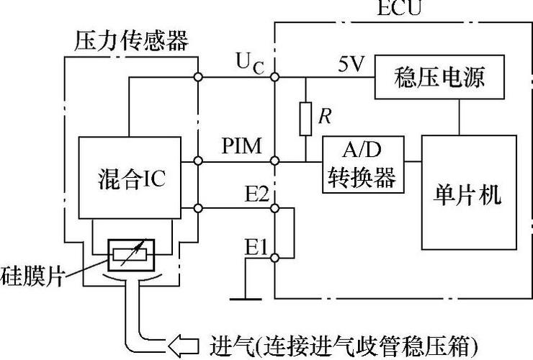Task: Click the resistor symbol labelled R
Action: click(x=305, y=117)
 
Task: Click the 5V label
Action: click(x=352, y=66)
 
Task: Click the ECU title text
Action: click(x=399, y=9)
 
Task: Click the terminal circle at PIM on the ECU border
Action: click(x=274, y=162)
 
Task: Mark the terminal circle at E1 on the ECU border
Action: click(x=274, y=256)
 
